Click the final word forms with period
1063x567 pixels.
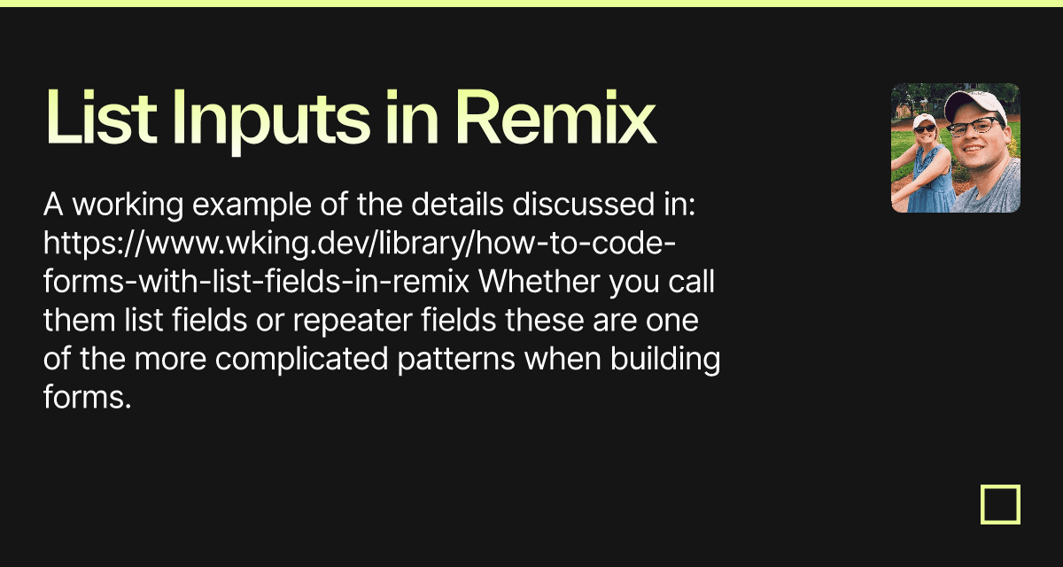(x=87, y=399)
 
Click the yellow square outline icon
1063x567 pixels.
(x=1000, y=504)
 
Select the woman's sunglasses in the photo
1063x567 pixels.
(x=926, y=129)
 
